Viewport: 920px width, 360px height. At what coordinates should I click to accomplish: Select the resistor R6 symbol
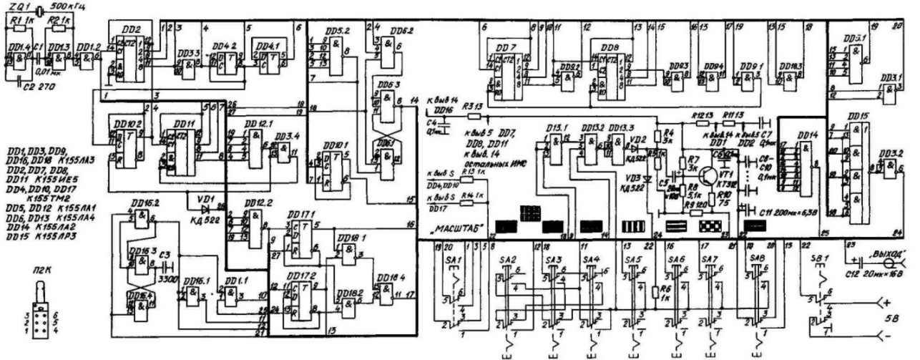pyautogui.click(x=655, y=292)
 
